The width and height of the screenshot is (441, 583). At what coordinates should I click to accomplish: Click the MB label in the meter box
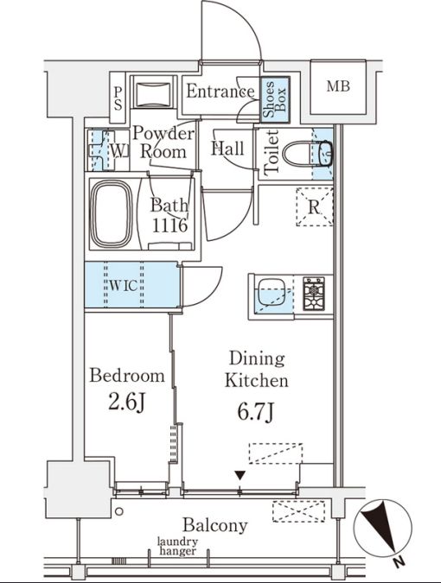338,86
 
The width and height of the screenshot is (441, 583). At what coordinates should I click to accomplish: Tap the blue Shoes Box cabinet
275,99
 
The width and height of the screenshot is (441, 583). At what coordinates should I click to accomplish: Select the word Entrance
220,92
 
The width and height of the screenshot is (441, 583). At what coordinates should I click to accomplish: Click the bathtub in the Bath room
112,214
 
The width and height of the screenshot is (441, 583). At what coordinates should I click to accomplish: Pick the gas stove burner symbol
314,294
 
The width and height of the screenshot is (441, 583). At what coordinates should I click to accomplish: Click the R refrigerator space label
314,207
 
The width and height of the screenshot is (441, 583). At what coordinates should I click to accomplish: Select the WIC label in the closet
124,286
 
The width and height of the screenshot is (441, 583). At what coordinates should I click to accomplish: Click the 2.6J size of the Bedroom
126,402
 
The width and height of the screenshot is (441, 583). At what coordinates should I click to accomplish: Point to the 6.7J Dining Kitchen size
256,412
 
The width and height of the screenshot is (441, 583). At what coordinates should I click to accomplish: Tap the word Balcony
215,525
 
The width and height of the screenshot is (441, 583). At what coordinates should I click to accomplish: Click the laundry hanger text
177,547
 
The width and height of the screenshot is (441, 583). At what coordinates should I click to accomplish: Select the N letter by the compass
399,562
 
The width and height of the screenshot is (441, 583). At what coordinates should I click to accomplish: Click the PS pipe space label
118,98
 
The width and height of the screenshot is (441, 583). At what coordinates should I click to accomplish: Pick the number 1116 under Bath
169,225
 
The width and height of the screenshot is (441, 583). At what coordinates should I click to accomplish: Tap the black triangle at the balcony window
240,475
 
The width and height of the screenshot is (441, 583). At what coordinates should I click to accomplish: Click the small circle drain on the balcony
119,511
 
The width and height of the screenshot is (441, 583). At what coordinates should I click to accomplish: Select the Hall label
227,149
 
